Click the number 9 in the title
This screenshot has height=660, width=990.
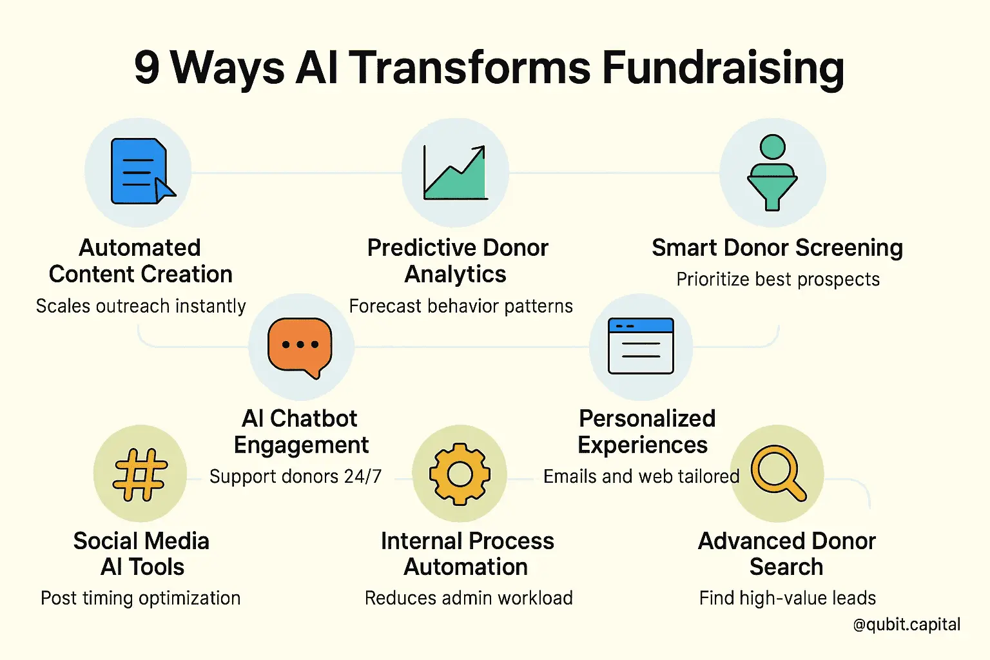147,68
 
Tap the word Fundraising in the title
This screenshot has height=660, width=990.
723,70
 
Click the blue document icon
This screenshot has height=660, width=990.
142,171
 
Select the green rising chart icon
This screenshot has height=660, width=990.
455,172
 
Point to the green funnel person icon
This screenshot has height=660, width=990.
772,172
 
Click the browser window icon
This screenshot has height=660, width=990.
641,345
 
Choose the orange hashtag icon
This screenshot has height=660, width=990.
140,474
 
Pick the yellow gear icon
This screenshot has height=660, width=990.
460,474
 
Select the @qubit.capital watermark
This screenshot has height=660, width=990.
906,625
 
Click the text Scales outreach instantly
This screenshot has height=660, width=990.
141,306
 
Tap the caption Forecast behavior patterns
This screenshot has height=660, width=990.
461,306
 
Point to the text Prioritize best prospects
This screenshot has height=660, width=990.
778,279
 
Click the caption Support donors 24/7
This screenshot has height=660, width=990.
295,476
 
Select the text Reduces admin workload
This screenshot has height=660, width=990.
469,598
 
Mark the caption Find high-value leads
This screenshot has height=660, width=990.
787,598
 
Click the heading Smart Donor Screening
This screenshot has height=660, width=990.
777,248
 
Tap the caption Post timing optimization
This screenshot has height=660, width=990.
141,599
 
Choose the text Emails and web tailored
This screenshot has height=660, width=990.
641,476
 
